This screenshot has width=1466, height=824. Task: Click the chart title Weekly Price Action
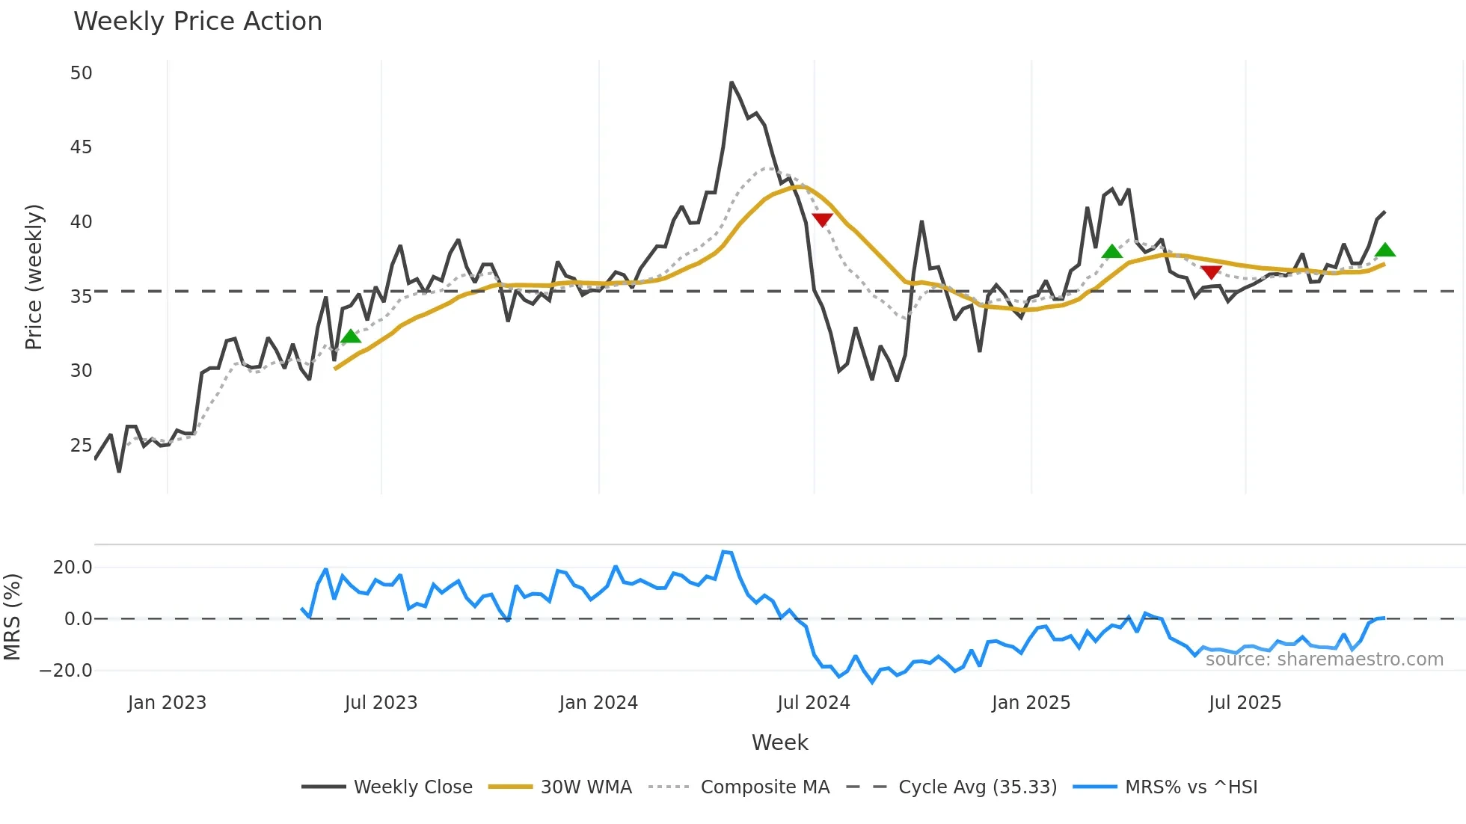tap(197, 22)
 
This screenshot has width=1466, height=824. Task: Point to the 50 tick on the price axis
tap(81, 73)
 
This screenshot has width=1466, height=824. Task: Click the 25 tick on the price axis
tap(81, 446)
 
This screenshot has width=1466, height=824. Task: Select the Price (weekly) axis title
tap(34, 277)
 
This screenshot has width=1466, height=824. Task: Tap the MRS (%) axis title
tap(12, 617)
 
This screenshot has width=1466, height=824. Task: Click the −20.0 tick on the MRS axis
tap(66, 671)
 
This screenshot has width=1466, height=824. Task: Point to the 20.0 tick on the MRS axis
tap(73, 568)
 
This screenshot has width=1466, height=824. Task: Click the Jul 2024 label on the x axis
tap(813, 703)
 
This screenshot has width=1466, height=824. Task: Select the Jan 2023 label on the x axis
tap(167, 703)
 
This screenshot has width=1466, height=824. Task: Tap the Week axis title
tap(779, 742)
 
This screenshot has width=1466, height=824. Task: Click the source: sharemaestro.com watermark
tap(1324, 659)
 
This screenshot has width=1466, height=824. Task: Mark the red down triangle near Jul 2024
tap(822, 220)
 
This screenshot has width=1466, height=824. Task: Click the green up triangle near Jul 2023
tap(351, 336)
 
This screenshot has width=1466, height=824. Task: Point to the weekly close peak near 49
tap(732, 83)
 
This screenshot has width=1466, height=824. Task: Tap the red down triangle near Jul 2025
tap(1211, 272)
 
